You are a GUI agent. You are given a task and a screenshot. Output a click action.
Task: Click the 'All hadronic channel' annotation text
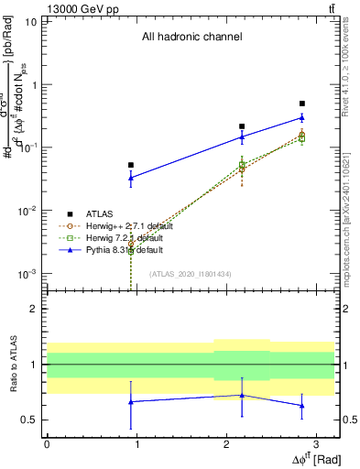(x=191, y=38)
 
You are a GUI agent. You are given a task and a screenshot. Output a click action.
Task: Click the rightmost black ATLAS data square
(x=302, y=104)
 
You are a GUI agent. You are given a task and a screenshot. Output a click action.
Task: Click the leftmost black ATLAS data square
(x=131, y=165)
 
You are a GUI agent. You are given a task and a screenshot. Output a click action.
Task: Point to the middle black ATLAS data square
(x=242, y=126)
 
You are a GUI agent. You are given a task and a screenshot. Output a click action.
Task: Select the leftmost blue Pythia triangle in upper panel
(x=131, y=178)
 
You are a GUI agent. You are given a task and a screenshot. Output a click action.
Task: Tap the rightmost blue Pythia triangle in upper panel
(x=302, y=117)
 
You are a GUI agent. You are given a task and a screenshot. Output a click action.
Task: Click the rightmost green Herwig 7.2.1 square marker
(x=302, y=138)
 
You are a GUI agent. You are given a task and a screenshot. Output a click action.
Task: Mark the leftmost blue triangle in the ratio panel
(x=131, y=401)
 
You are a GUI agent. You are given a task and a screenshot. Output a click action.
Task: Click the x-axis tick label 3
(x=315, y=443)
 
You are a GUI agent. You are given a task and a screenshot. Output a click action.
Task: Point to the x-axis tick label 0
(x=47, y=443)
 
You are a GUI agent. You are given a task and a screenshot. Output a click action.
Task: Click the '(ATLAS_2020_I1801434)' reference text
(x=190, y=274)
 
